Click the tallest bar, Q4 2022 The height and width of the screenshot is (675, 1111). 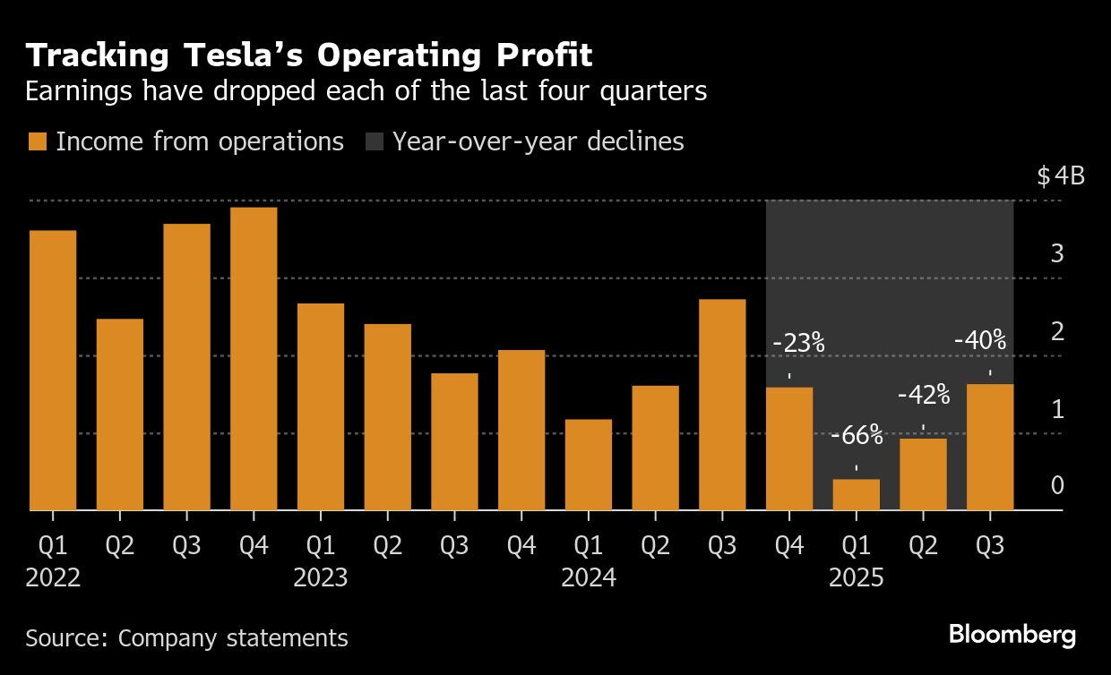[254, 358]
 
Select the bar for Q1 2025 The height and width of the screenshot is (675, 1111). [856, 495]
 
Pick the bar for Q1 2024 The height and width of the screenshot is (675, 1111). [589, 465]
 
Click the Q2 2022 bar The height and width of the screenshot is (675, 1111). [120, 414]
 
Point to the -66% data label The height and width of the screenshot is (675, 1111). [857, 437]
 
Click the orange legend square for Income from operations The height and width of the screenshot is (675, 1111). [37, 141]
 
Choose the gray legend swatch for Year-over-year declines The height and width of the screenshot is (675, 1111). [374, 141]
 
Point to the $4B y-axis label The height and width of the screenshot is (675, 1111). [1060, 175]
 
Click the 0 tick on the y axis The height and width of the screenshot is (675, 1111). [1057, 486]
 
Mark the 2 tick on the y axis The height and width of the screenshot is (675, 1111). [1057, 331]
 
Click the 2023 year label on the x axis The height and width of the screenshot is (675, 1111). [321, 578]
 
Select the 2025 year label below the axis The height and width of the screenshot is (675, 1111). [856, 578]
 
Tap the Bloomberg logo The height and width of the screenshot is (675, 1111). [1012, 636]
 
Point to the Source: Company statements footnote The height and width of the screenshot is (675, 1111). [186, 638]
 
